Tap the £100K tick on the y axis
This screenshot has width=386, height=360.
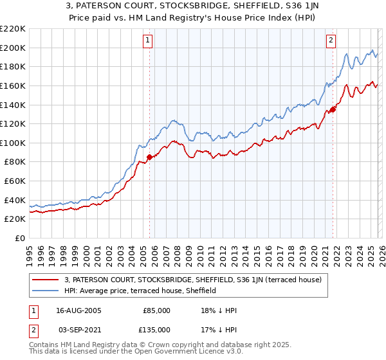13,143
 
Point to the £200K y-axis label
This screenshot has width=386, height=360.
13,48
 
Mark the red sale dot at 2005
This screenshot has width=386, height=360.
149,156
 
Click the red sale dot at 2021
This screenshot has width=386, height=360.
333,109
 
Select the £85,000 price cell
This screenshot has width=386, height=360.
156,310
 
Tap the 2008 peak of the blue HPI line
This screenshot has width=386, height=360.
173,120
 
